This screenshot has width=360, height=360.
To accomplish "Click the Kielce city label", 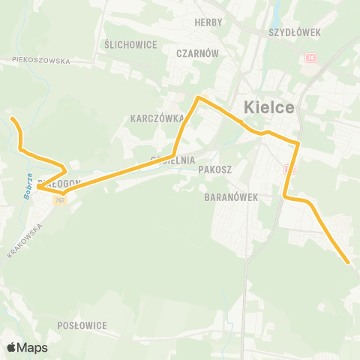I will pyautogui.click(x=269, y=108).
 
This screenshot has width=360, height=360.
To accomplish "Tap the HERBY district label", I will pyautogui.click(x=208, y=22).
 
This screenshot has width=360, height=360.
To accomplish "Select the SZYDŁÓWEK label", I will pyautogui.click(x=294, y=33).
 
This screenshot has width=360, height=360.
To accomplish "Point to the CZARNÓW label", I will pyautogui.click(x=197, y=53).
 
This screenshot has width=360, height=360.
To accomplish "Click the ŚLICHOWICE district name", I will pyautogui.click(x=131, y=44).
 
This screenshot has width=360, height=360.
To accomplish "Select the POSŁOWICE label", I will pyautogui.click(x=82, y=325).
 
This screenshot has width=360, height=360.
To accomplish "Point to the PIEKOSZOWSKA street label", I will pyautogui.click(x=40, y=61).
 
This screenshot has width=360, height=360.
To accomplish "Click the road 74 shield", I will pyautogui.click(x=310, y=58).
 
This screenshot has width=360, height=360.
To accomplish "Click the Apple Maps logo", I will pyautogui.click(x=27, y=347).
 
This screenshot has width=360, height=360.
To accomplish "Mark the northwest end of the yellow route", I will pyautogui.click(x=10, y=118).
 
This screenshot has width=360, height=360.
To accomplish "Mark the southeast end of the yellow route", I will pyautogui.click(x=348, y=262).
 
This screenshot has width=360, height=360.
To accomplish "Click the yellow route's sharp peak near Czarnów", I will pyautogui.click(x=197, y=97).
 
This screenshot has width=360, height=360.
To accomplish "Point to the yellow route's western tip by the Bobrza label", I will pyautogui.click(x=37, y=187).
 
